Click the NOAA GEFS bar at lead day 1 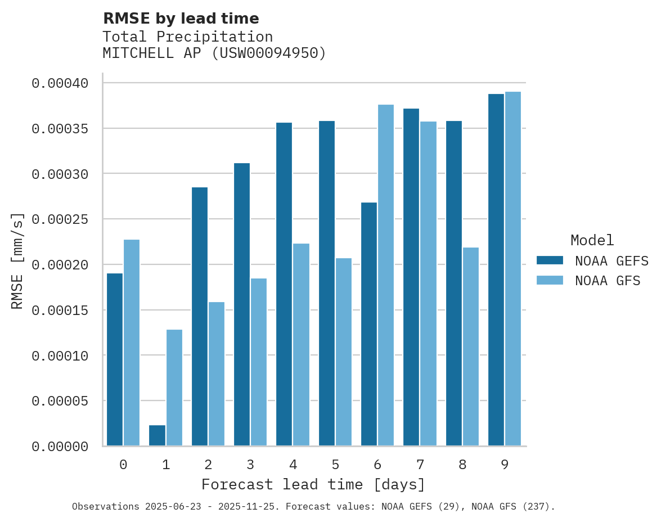(x=158, y=435)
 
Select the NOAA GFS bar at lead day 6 (x=386, y=275)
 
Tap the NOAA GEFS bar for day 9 (x=496, y=269)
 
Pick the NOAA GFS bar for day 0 (x=132, y=343)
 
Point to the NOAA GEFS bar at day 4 (x=284, y=284)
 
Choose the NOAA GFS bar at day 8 (x=471, y=346)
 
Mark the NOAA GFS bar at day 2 (x=217, y=374)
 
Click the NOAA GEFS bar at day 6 (x=369, y=324)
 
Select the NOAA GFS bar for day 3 (x=259, y=362)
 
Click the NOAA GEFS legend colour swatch (x=550, y=260)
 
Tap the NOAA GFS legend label (x=608, y=281)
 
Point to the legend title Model (x=592, y=240)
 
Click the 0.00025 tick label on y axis (x=60, y=219)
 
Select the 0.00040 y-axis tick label (x=60, y=83)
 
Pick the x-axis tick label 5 (x=335, y=465)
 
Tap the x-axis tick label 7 (x=420, y=465)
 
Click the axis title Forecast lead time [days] (x=313, y=484)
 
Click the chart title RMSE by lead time (x=181, y=19)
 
